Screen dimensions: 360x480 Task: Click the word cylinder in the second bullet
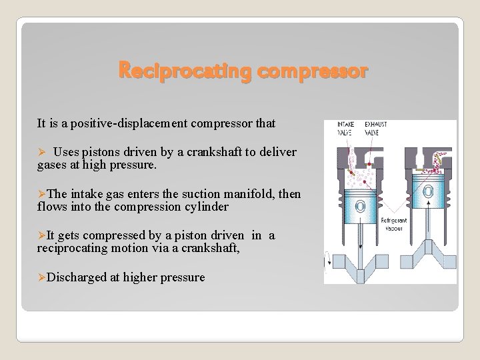(203, 207)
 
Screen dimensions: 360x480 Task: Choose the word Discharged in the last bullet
(77, 277)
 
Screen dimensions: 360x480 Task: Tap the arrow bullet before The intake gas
(41, 194)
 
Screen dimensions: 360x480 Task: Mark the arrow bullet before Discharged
(41, 277)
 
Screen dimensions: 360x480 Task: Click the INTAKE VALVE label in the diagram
(346, 128)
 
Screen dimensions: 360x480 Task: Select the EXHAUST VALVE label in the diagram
(375, 128)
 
